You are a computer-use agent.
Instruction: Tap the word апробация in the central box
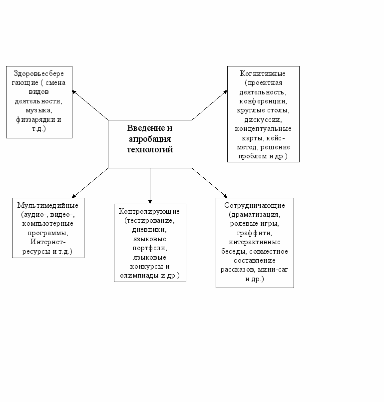pyautogui.click(x=150, y=139)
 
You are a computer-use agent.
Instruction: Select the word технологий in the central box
pyautogui.click(x=150, y=149)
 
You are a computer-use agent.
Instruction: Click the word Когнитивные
pyautogui.click(x=263, y=73)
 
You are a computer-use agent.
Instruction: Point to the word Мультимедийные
pyautogui.click(x=48, y=205)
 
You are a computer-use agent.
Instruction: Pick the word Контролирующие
pyautogui.click(x=150, y=211)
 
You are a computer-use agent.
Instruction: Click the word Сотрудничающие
pyautogui.click(x=255, y=205)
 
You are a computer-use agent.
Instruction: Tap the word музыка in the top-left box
pyautogui.click(x=38, y=110)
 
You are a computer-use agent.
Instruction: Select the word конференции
pyautogui.click(x=263, y=101)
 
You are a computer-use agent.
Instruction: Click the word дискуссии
pyautogui.click(x=263, y=120)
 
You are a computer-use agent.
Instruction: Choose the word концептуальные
pyautogui.click(x=263, y=129)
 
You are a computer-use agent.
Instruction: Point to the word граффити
pyautogui.click(x=255, y=233)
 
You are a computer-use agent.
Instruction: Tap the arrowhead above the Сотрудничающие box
pyautogui.click(x=224, y=195)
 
